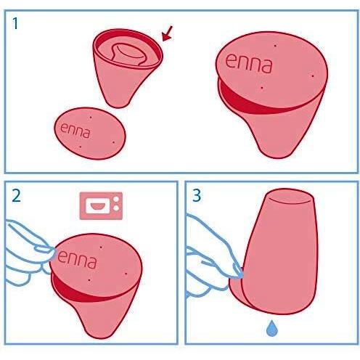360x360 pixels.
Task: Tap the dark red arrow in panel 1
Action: pyautogui.click(x=168, y=33)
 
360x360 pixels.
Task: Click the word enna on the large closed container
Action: pyautogui.click(x=249, y=66)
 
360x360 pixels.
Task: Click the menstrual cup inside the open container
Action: pyautogui.click(x=129, y=54)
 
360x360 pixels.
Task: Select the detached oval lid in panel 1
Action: pyautogui.click(x=90, y=133)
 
